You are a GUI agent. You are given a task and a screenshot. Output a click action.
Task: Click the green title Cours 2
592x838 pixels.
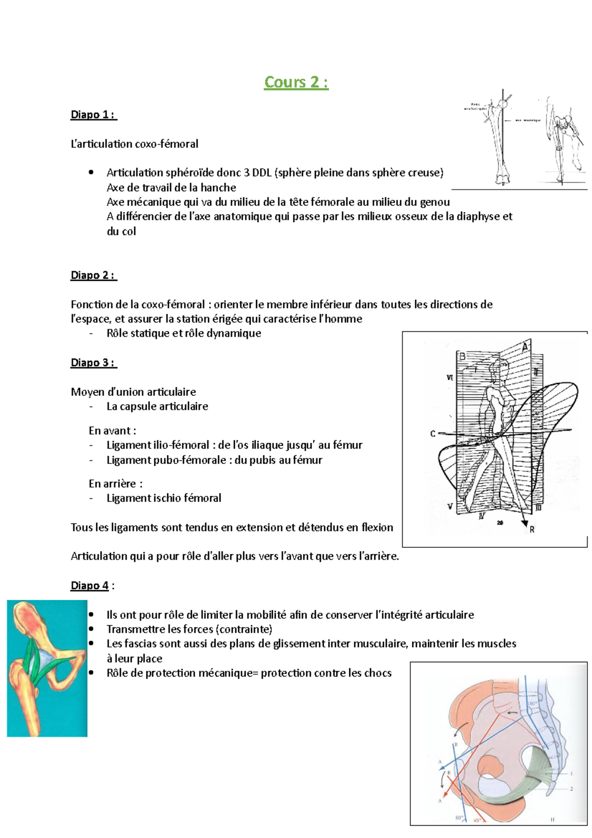point(296,82)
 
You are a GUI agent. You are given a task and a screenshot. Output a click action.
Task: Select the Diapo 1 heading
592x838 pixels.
point(93,115)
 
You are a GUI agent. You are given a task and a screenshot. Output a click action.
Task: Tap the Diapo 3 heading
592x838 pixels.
point(93,363)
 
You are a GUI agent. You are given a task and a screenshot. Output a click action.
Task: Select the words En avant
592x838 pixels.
point(111,431)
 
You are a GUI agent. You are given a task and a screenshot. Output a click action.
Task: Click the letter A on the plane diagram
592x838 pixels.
point(525,347)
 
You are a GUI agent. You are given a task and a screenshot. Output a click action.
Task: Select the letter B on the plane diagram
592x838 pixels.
point(463,356)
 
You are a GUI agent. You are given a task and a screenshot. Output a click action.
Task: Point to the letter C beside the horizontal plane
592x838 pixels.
point(433,434)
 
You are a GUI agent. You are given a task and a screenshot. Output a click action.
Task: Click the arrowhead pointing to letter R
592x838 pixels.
point(525,523)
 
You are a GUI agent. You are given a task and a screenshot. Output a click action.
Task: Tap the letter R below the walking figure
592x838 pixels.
point(532,530)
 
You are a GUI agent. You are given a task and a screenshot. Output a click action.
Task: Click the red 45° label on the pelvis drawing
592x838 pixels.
point(477,820)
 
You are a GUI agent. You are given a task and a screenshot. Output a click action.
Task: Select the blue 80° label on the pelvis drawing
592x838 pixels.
point(459,818)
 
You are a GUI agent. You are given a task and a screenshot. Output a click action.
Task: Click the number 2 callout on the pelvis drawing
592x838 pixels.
point(571,789)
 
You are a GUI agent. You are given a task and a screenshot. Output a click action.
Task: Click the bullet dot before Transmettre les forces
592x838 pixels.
point(91,629)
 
